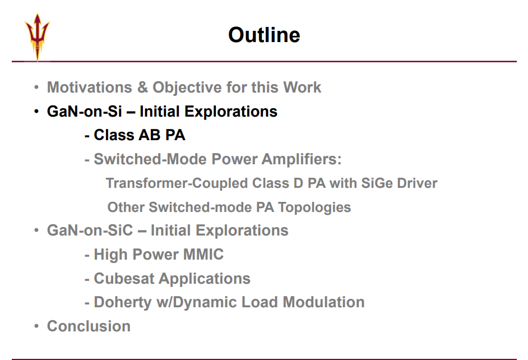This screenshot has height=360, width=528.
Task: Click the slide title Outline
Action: tap(264, 35)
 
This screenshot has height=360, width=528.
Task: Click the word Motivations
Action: tap(89, 87)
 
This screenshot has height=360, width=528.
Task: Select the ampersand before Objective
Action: tap(142, 87)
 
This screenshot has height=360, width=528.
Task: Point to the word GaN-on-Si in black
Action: tap(84, 112)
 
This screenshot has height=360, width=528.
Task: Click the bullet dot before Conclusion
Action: tap(36, 326)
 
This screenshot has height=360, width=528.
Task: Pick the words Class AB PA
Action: tap(140, 135)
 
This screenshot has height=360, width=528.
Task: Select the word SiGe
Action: tap(377, 183)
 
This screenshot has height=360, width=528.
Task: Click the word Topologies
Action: tap(314, 207)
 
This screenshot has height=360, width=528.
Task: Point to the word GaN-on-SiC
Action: tap(90, 230)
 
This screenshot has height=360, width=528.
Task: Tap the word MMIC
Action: tap(203, 254)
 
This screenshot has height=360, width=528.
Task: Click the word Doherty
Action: tap(123, 302)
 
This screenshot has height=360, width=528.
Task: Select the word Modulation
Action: tap(323, 302)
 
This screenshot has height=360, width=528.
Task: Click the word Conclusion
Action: tap(89, 326)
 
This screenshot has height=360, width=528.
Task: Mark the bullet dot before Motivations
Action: tap(36, 87)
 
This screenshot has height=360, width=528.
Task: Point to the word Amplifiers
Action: tap(302, 159)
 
